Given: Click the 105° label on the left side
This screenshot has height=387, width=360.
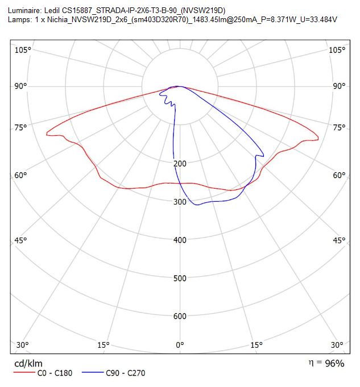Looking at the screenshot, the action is [x=23, y=50].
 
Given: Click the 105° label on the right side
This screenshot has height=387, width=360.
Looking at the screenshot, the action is [x=337, y=50].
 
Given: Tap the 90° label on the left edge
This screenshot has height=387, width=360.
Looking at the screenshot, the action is [x=20, y=86].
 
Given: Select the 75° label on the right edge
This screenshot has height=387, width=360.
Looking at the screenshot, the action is [x=339, y=128].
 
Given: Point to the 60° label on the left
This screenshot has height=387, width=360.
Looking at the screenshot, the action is [x=20, y=175].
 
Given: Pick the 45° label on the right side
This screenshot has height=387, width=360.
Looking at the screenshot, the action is [x=339, y=240].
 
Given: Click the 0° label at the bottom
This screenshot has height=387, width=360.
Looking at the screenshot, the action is [x=180, y=345].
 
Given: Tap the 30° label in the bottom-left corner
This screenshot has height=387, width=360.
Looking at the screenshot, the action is [x=23, y=345].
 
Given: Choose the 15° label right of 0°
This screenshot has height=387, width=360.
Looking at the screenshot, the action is [x=256, y=345].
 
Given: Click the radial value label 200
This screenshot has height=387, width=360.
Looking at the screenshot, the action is [x=180, y=164].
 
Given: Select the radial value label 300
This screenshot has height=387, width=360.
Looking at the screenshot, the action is [x=180, y=202].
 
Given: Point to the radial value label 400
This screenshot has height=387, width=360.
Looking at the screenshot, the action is [x=180, y=240].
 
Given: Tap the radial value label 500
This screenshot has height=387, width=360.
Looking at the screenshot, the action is [x=180, y=278].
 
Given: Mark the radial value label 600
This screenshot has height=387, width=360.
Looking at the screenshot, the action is [x=180, y=316].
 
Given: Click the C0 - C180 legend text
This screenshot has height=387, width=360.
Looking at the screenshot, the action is [x=55, y=373].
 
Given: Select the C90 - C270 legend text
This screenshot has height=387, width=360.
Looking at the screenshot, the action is [x=126, y=373].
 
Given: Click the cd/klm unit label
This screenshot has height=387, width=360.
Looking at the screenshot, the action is [x=28, y=364].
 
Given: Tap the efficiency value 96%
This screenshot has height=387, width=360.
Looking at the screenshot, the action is [x=334, y=363].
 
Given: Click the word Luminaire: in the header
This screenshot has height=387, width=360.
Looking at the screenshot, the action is [x=24, y=11].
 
